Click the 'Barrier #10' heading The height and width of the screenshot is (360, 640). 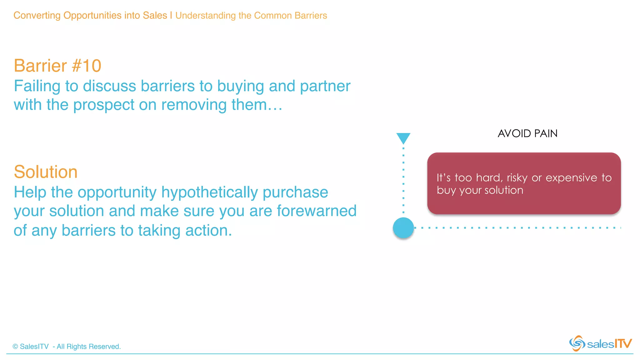pos(57,66)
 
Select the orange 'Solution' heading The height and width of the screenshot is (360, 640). pos(46,172)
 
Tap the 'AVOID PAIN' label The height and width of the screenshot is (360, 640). pos(527,133)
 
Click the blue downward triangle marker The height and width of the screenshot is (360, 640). pos(403,138)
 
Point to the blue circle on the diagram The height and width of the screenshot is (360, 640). pos(403,228)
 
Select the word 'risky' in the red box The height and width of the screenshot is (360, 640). pos(517,178)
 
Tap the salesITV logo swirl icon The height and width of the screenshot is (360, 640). pos(577,343)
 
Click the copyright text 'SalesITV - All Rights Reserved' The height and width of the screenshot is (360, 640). pos(67,347)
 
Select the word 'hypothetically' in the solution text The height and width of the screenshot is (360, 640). pos(210,192)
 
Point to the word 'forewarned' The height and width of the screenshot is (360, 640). pos(317,211)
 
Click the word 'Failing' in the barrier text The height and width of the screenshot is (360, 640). pos(37,86)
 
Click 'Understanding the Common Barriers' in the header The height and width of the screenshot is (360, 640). pos(251,16)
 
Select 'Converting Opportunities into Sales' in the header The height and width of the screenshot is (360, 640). pos(90,16)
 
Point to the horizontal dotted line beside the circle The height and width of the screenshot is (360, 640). pos(516,228)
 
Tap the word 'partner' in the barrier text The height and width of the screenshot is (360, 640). pos(325,86)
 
